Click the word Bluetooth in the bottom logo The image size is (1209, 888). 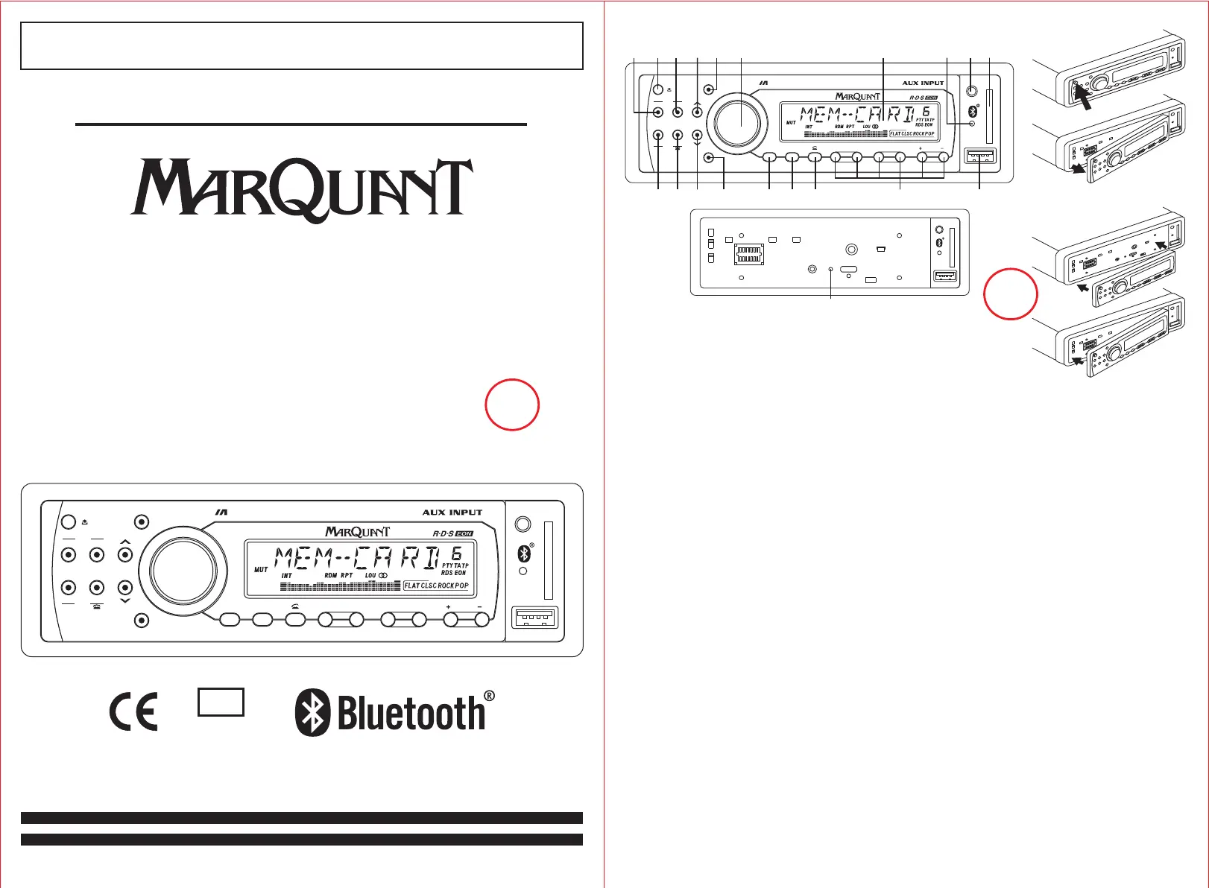click(411, 714)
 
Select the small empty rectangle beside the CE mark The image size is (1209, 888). click(221, 702)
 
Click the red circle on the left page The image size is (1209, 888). click(512, 405)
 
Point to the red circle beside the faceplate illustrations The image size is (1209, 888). click(1010, 294)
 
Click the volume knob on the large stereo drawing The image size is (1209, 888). click(183, 570)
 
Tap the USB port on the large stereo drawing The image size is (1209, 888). click(534, 618)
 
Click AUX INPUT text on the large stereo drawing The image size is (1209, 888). click(452, 513)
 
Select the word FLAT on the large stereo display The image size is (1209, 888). click(412, 586)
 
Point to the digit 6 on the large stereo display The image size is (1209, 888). click(455, 554)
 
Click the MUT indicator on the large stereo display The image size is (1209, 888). click(261, 570)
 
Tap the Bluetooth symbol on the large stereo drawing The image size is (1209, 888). click(524, 554)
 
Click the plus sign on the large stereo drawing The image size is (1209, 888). click(448, 607)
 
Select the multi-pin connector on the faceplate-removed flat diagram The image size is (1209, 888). click(749, 255)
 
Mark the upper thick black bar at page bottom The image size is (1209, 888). click(302, 817)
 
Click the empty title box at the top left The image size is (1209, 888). click(302, 45)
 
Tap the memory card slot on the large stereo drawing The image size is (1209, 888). click(549, 560)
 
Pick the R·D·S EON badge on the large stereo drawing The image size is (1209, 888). click(452, 533)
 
